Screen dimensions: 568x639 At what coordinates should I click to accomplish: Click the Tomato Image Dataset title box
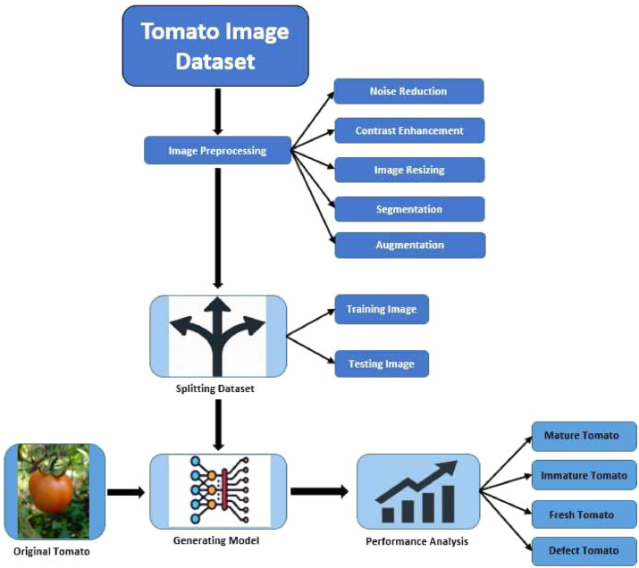pos(214,46)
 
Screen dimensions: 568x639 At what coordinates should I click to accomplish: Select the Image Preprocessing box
pos(218,151)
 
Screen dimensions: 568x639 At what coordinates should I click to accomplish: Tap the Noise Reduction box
pos(408,91)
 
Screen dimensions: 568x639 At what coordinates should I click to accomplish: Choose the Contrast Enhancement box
pos(409,130)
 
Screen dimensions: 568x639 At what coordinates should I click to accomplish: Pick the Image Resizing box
pos(409,170)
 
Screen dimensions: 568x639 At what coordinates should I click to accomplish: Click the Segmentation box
pos(409,209)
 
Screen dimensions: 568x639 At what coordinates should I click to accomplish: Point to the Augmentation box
pos(409,245)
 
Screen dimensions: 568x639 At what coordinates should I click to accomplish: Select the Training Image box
pos(381,310)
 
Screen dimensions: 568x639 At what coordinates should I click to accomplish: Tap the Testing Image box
pos(381,363)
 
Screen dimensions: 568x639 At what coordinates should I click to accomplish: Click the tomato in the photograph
pos(51,490)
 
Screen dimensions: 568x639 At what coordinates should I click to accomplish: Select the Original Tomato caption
pos(52,551)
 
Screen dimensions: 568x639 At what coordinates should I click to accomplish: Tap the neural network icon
pos(218,491)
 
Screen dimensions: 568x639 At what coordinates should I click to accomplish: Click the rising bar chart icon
pos(418,492)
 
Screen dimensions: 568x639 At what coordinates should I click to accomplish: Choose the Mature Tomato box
pos(583,437)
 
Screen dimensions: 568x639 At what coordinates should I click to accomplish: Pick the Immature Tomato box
pos(584,476)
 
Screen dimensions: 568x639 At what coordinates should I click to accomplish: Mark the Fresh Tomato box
pos(583,514)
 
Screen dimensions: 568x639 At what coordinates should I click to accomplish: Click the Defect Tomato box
pos(583,551)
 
